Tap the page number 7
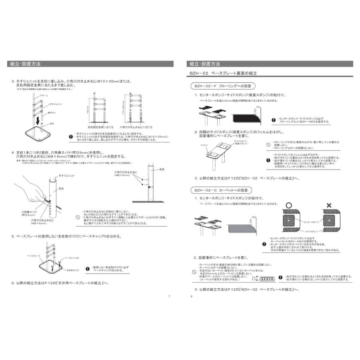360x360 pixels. (x=169, y=296)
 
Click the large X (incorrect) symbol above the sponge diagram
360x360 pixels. (x=329, y=205)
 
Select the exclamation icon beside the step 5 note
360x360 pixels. (x=88, y=268)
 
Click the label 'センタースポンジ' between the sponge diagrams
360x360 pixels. (x=311, y=221)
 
